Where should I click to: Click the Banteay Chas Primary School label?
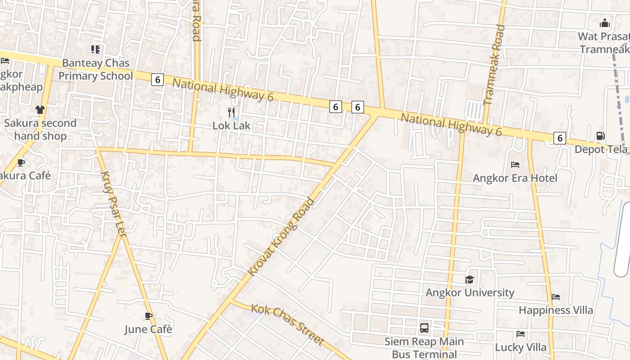[96, 69]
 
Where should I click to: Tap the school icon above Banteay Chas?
[95, 49]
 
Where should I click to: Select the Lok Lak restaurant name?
[231, 126]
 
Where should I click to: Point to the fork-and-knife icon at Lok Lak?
[231, 112]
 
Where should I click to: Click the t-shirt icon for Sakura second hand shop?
[40, 109]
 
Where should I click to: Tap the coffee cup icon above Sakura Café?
[21, 162]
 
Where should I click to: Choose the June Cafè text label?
[148, 329]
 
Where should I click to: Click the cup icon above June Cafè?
[148, 316]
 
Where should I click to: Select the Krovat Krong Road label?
[281, 237]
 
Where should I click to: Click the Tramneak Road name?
[494, 65]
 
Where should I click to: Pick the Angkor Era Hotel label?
[515, 178]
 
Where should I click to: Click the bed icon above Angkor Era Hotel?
[515, 165]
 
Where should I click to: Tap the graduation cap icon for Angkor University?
[470, 279]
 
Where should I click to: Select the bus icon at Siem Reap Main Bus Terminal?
[424, 328]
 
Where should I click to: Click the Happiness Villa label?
[556, 310]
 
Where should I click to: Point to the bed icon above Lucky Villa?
[521, 334]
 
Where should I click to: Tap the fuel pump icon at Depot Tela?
[600, 136]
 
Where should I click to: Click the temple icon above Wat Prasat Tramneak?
[605, 23]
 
